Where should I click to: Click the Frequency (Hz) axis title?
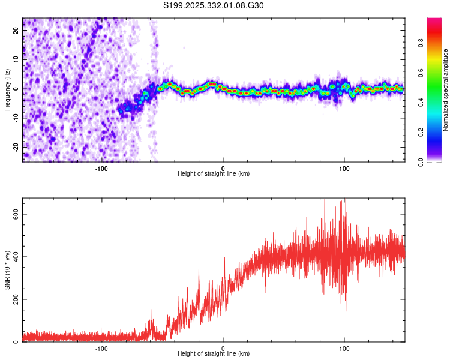pyautogui.click(x=8, y=89)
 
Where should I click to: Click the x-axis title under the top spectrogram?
pyautogui.click(x=214, y=173)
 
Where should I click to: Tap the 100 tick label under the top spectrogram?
pyautogui.click(x=344, y=167)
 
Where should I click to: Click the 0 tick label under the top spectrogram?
pyautogui.click(x=223, y=167)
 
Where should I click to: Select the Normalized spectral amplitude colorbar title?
pyautogui.click(x=446, y=90)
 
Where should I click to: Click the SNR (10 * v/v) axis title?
pyautogui.click(x=8, y=270)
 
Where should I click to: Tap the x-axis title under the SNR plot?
pyautogui.click(x=214, y=353)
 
